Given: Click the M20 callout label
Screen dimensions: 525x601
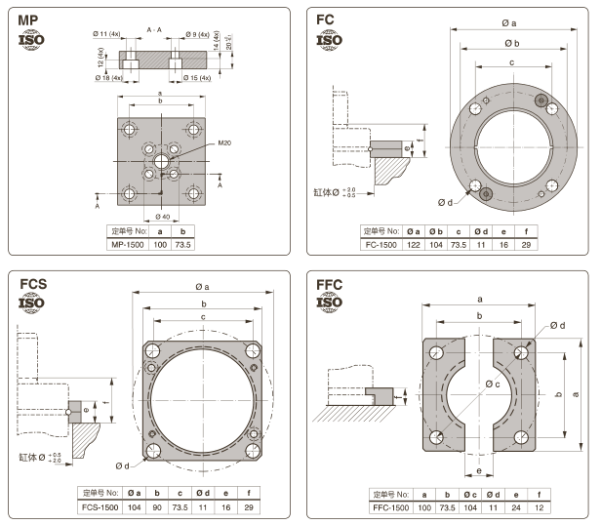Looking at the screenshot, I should [x=224, y=143].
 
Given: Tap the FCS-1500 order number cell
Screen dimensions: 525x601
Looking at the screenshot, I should [x=100, y=507].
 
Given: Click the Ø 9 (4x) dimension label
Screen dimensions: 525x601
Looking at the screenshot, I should [x=203, y=35].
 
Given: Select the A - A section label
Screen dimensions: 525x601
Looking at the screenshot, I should [x=154, y=30].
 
